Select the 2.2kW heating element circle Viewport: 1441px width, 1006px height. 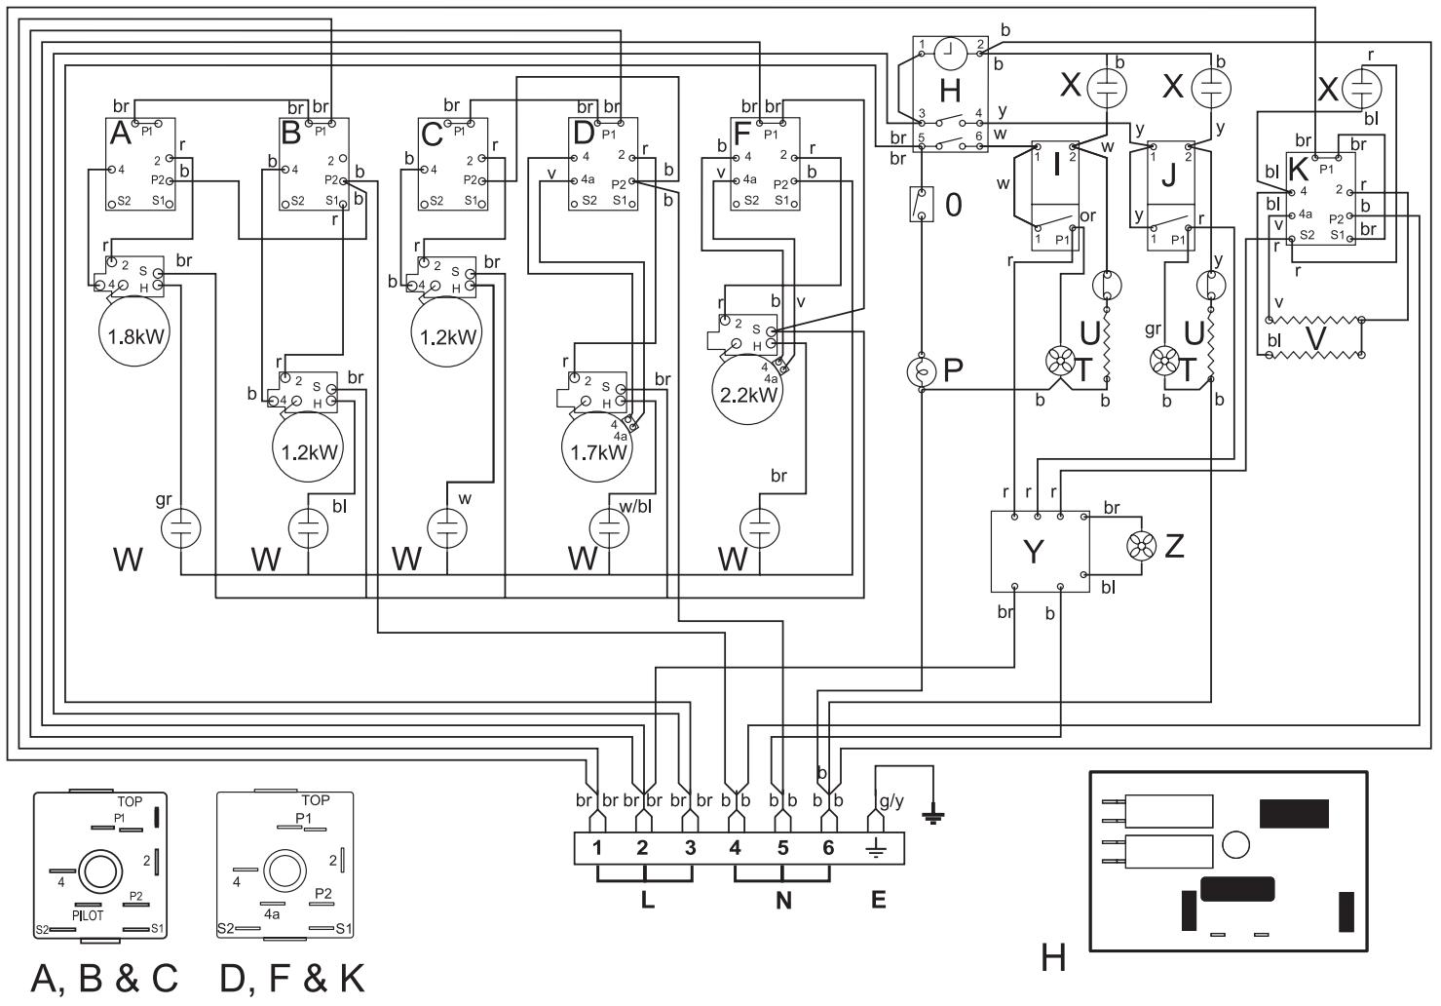(x=748, y=394)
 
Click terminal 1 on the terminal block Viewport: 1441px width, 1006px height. (x=597, y=848)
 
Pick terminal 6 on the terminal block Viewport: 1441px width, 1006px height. (x=828, y=848)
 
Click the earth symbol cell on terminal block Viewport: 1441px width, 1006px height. (x=875, y=848)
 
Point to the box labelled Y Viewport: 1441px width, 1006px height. (x=1039, y=551)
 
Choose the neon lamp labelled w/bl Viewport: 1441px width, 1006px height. (x=608, y=529)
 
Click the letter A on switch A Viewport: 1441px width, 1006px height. (x=120, y=135)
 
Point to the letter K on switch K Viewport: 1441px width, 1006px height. (x=1298, y=168)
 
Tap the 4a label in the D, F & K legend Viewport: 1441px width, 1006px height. (x=272, y=915)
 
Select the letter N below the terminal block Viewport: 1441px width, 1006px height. (x=783, y=901)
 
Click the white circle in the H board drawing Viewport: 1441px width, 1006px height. (x=1234, y=844)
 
